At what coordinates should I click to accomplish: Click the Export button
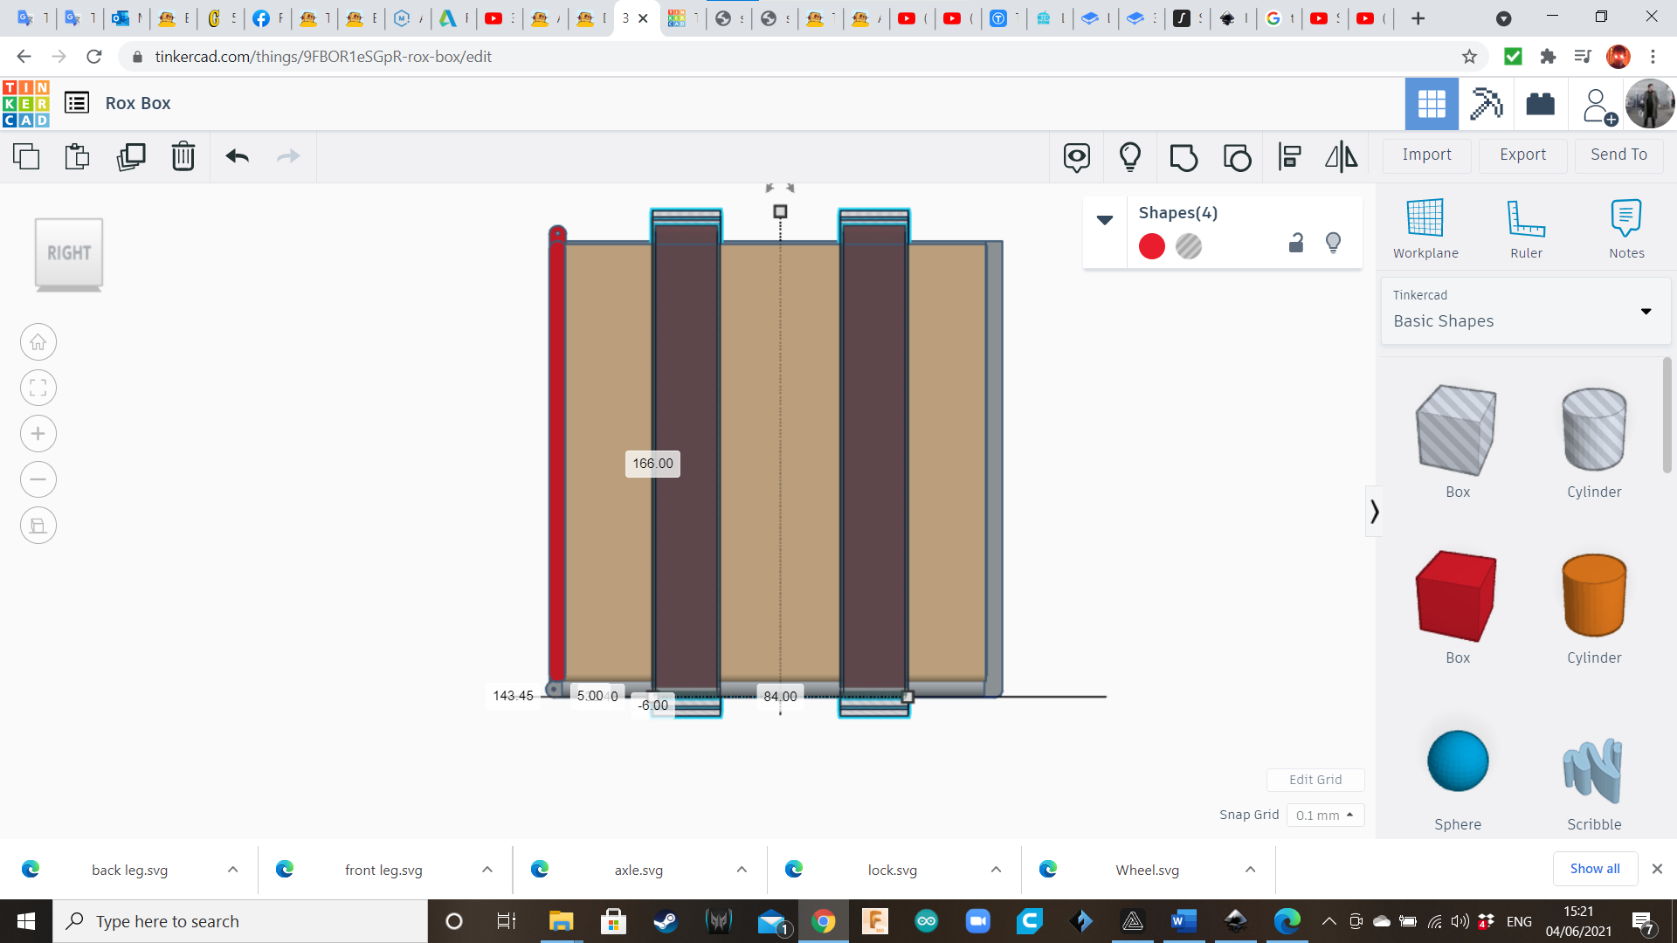pyautogui.click(x=1522, y=155)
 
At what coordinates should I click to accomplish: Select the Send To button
pyautogui.click(x=1618, y=155)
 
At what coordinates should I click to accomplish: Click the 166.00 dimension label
pyautogui.click(x=652, y=464)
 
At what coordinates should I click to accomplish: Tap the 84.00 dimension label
pyautogui.click(x=780, y=697)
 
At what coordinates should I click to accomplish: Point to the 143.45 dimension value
pyautogui.click(x=513, y=696)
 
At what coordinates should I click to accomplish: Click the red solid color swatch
pyautogui.click(x=1152, y=246)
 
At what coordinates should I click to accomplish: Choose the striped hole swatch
pyautogui.click(x=1189, y=246)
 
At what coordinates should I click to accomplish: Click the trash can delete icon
pyautogui.click(x=183, y=156)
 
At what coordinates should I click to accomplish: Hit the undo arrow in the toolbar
pyautogui.click(x=238, y=156)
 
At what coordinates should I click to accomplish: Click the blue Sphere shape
pyautogui.click(x=1458, y=761)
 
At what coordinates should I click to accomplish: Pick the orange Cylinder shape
pyautogui.click(x=1594, y=595)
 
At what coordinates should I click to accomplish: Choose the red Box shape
pyautogui.click(x=1457, y=595)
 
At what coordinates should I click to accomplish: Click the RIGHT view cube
pyautogui.click(x=69, y=253)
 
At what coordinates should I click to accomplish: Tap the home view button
pyautogui.click(x=38, y=342)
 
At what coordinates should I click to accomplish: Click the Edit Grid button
pyautogui.click(x=1315, y=780)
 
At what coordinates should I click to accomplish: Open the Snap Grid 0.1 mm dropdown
pyautogui.click(x=1325, y=815)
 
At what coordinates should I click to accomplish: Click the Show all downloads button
pyautogui.click(x=1594, y=869)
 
